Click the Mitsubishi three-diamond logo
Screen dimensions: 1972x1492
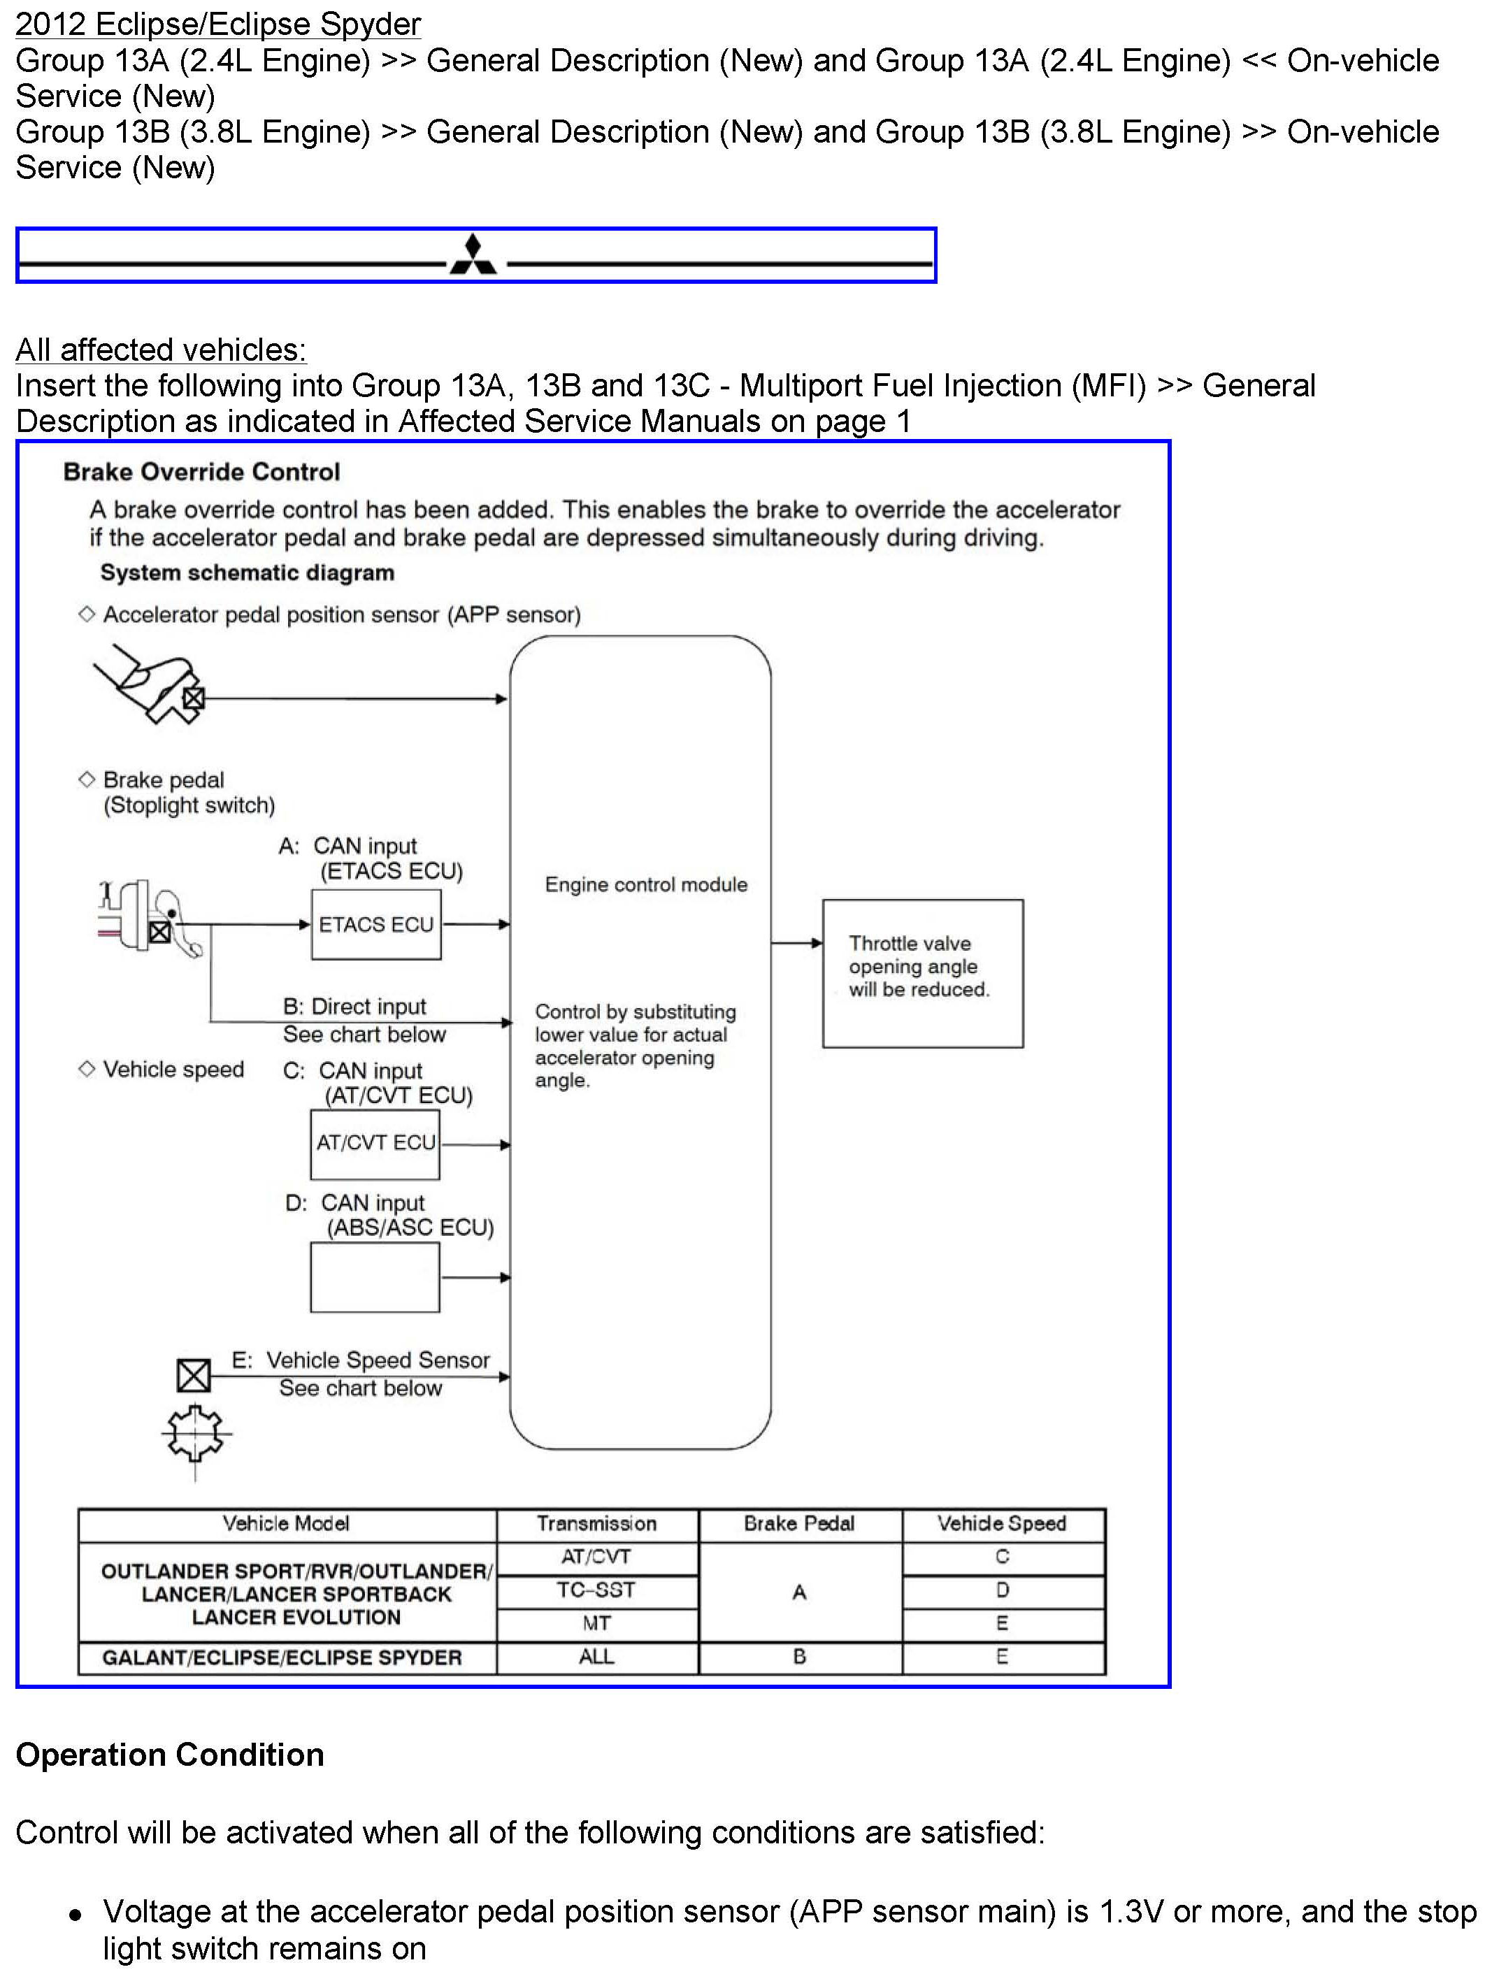pos(473,255)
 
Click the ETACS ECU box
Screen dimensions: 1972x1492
pos(375,925)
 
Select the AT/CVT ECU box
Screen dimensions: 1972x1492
pos(375,1144)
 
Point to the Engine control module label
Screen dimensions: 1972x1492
pos(646,884)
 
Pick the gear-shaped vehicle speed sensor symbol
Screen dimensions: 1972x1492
pos(195,1432)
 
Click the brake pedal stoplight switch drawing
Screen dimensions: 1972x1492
pos(149,919)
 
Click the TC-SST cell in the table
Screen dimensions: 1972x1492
pos(596,1590)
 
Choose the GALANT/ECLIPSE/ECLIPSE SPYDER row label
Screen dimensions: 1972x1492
pos(282,1657)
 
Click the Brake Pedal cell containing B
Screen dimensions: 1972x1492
pos(799,1657)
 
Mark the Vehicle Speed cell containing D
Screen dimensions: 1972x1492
pos(1003,1590)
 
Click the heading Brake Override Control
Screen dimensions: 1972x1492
pos(201,472)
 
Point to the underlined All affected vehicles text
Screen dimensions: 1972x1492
pos(162,350)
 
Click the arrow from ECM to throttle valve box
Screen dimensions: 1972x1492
pos(796,942)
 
